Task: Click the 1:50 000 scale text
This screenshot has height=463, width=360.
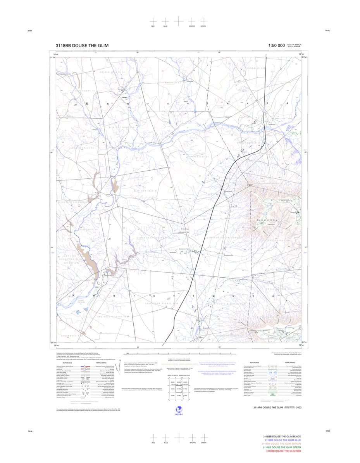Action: (x=276, y=46)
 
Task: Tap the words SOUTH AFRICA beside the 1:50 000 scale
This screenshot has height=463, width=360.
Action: (x=294, y=45)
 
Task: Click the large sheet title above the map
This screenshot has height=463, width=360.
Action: (x=82, y=46)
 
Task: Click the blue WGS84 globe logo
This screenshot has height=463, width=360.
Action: (x=179, y=409)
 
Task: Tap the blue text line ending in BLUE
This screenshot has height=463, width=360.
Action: (x=282, y=440)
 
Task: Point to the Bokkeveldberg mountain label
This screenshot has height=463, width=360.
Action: (x=268, y=220)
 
